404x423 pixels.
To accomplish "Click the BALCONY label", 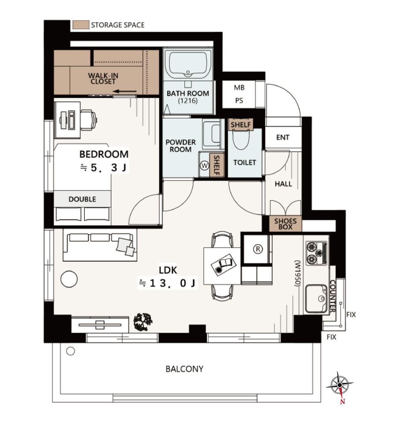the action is (184, 369).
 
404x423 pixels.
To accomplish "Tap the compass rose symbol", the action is (340, 385).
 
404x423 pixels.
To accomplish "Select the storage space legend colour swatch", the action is (81, 25).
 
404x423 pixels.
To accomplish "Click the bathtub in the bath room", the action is (188, 64).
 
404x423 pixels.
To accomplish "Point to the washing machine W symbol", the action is (205, 165).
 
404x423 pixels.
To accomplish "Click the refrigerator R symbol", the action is (258, 249).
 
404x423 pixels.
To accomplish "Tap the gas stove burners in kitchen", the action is (316, 253).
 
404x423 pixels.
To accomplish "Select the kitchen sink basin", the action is (316, 298).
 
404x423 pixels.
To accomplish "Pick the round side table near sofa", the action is (69, 279).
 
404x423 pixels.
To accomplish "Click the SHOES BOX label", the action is (285, 224).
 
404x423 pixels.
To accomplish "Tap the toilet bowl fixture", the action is (241, 139).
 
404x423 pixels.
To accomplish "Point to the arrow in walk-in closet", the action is (125, 92).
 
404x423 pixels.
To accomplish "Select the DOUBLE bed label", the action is (82, 199).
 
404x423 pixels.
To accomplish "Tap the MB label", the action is (239, 88).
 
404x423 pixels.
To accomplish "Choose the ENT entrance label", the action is (283, 137).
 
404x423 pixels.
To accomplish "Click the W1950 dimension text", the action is (297, 273).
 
